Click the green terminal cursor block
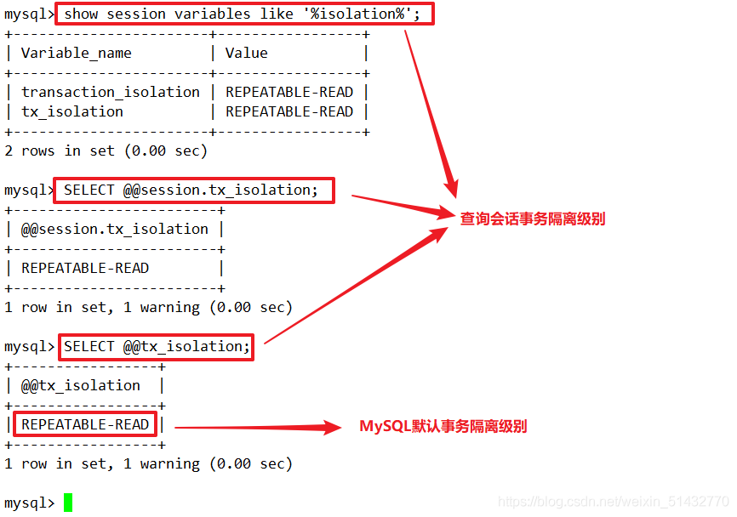(x=68, y=503)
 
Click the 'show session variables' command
(x=243, y=14)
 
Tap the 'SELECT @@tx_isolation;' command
(x=157, y=347)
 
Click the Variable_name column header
(x=77, y=53)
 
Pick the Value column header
(x=247, y=53)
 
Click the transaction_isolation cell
(x=111, y=92)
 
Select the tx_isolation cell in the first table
(x=72, y=111)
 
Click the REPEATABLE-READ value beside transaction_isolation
(x=289, y=92)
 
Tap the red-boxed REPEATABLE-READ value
(x=85, y=424)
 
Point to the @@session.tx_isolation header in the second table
(x=115, y=229)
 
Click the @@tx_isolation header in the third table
(x=81, y=385)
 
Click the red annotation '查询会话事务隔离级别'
(x=533, y=219)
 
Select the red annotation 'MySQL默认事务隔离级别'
(x=443, y=426)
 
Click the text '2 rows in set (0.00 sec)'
(x=106, y=151)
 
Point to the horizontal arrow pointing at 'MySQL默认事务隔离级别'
(x=255, y=427)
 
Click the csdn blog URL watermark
(x=613, y=502)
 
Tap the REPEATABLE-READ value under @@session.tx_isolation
(x=85, y=268)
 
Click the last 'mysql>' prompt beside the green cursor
(x=29, y=503)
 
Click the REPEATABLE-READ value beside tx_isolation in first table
(x=289, y=111)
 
